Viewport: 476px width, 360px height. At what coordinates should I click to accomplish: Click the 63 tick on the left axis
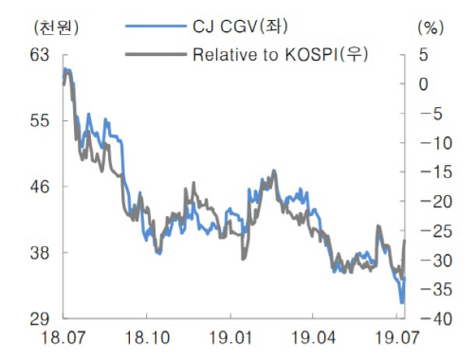pyautogui.click(x=40, y=55)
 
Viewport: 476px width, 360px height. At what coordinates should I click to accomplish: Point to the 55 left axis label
pyautogui.click(x=40, y=120)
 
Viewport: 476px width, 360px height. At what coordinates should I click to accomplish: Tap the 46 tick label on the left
pyautogui.click(x=40, y=187)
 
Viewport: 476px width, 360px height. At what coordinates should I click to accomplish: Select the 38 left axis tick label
pyautogui.click(x=40, y=253)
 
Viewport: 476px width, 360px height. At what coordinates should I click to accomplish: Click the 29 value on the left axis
pyautogui.click(x=40, y=319)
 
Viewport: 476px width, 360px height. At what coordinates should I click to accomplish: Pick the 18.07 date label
pyautogui.click(x=64, y=337)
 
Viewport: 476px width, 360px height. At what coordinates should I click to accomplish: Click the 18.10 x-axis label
pyautogui.click(x=147, y=337)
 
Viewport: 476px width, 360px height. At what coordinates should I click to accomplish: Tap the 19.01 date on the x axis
pyautogui.click(x=230, y=337)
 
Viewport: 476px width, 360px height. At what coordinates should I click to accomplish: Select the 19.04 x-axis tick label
pyautogui.click(x=313, y=337)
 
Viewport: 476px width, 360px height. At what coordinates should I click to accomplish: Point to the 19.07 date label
pyautogui.click(x=396, y=337)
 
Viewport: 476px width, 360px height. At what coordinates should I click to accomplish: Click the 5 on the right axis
pyautogui.click(x=424, y=55)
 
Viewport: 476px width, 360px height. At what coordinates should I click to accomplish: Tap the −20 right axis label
pyautogui.click(x=436, y=202)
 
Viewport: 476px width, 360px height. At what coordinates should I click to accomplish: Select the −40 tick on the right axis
pyautogui.click(x=436, y=319)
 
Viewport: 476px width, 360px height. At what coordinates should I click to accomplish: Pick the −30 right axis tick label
pyautogui.click(x=436, y=261)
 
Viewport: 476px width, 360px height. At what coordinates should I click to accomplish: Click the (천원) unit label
pyautogui.click(x=56, y=27)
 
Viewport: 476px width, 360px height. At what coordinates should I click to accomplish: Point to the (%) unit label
pyautogui.click(x=430, y=27)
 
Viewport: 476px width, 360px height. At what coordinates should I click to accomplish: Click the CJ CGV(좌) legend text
pyautogui.click(x=240, y=27)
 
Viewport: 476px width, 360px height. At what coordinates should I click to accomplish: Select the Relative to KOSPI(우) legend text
pyautogui.click(x=281, y=54)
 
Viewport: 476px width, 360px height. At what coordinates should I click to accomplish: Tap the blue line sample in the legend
pyautogui.click(x=156, y=27)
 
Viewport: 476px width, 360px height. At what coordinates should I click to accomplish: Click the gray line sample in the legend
pyautogui.click(x=156, y=54)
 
